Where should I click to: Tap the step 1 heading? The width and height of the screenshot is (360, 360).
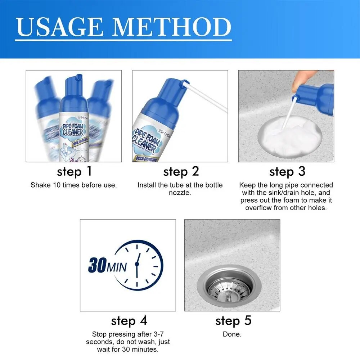pos(75,172)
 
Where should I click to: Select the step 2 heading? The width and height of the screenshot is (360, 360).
pos(181,172)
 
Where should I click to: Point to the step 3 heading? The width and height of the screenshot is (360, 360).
pos(287,172)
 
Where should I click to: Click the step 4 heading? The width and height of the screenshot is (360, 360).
pos(129,320)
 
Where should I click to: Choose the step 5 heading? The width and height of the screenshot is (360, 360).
pos(233,320)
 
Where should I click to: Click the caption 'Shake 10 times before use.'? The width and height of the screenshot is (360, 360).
pos(73,185)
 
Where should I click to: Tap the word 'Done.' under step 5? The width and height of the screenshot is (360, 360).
pos(232,334)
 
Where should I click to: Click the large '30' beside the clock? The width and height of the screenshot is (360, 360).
pos(96,266)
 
